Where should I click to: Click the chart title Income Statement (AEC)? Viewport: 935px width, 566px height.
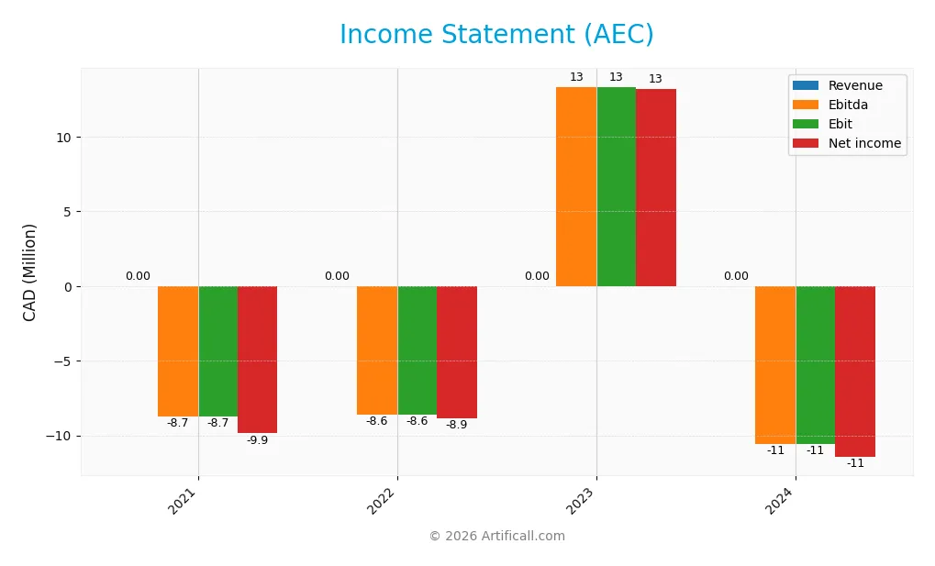[x=496, y=35]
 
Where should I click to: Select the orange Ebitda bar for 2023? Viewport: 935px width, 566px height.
[x=576, y=186]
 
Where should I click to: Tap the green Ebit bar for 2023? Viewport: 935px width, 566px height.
[x=616, y=186]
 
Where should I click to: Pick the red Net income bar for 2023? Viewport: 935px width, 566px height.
[x=656, y=187]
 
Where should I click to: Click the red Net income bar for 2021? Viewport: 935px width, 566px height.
[x=257, y=360]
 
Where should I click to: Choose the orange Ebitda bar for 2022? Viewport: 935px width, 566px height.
[x=377, y=350]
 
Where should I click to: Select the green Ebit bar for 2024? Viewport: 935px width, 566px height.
[x=815, y=365]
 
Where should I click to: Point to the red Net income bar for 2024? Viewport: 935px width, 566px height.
[x=855, y=372]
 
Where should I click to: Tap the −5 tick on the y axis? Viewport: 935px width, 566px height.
[x=61, y=361]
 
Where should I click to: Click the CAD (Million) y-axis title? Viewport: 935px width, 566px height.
[x=30, y=272]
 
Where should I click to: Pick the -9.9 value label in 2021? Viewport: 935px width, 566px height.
[x=257, y=440]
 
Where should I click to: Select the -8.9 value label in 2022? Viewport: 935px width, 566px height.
[x=456, y=425]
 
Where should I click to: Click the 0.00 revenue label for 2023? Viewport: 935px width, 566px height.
[x=537, y=276]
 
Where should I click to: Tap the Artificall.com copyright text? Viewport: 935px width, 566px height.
[x=496, y=537]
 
